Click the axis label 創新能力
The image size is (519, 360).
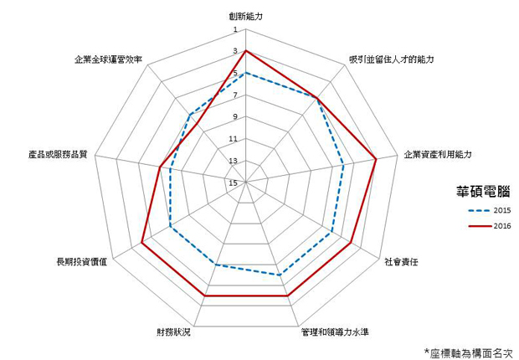[x=245, y=16]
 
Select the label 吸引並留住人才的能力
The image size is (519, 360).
[x=391, y=59]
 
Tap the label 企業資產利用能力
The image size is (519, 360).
[x=438, y=154]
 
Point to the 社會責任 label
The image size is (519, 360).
[x=401, y=262]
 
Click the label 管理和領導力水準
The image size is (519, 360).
[x=335, y=332]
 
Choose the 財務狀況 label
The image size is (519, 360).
[x=174, y=332]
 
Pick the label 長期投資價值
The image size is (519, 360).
[x=82, y=262]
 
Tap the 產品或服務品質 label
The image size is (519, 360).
[x=58, y=154]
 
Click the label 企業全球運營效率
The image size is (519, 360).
[x=109, y=59]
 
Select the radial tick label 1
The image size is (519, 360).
[x=235, y=30]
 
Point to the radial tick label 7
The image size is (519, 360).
[x=235, y=95]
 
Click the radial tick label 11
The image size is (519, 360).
[x=234, y=139]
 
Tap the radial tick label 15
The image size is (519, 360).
[x=234, y=183]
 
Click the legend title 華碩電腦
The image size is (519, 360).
[x=483, y=191]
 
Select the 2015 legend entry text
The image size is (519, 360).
[x=502, y=210]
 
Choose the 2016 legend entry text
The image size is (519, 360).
[x=502, y=226]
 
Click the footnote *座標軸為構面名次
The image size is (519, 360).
[x=469, y=352]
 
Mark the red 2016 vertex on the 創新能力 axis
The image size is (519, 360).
[x=245, y=51]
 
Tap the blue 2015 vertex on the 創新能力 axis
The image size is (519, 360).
[x=245, y=73]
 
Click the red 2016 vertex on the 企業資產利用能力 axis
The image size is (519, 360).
[x=376, y=159]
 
